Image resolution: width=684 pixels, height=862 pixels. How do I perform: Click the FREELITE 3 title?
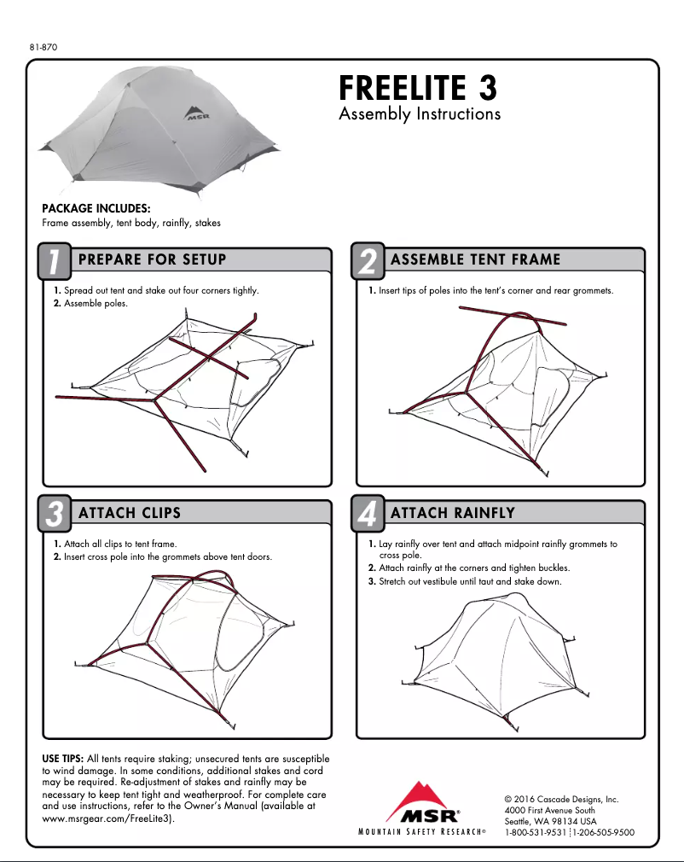[x=417, y=88]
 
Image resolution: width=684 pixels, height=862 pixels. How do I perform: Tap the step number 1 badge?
[x=54, y=262]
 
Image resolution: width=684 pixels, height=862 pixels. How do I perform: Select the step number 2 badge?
[x=368, y=262]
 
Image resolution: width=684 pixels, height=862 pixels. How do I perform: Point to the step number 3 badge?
[x=54, y=515]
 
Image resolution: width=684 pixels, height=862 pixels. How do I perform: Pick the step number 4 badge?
[x=368, y=515]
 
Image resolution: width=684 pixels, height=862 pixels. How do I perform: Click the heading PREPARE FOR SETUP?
[x=152, y=259]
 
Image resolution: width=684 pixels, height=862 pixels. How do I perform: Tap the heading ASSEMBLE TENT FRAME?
[x=475, y=259]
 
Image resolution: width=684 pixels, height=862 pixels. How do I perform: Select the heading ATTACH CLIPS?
[x=130, y=513]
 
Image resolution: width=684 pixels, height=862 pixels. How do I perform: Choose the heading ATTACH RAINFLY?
[x=452, y=513]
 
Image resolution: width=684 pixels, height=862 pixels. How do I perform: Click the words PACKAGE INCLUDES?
[x=96, y=208]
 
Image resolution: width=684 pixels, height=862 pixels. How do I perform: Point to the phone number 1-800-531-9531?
[x=536, y=832]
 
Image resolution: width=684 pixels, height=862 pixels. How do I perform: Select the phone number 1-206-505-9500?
[x=603, y=832]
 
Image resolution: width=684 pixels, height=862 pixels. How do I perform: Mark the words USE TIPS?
[x=63, y=759]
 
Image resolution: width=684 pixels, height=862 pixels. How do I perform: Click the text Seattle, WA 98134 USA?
[x=550, y=821]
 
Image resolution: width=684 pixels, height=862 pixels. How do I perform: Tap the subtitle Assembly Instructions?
[x=419, y=114]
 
